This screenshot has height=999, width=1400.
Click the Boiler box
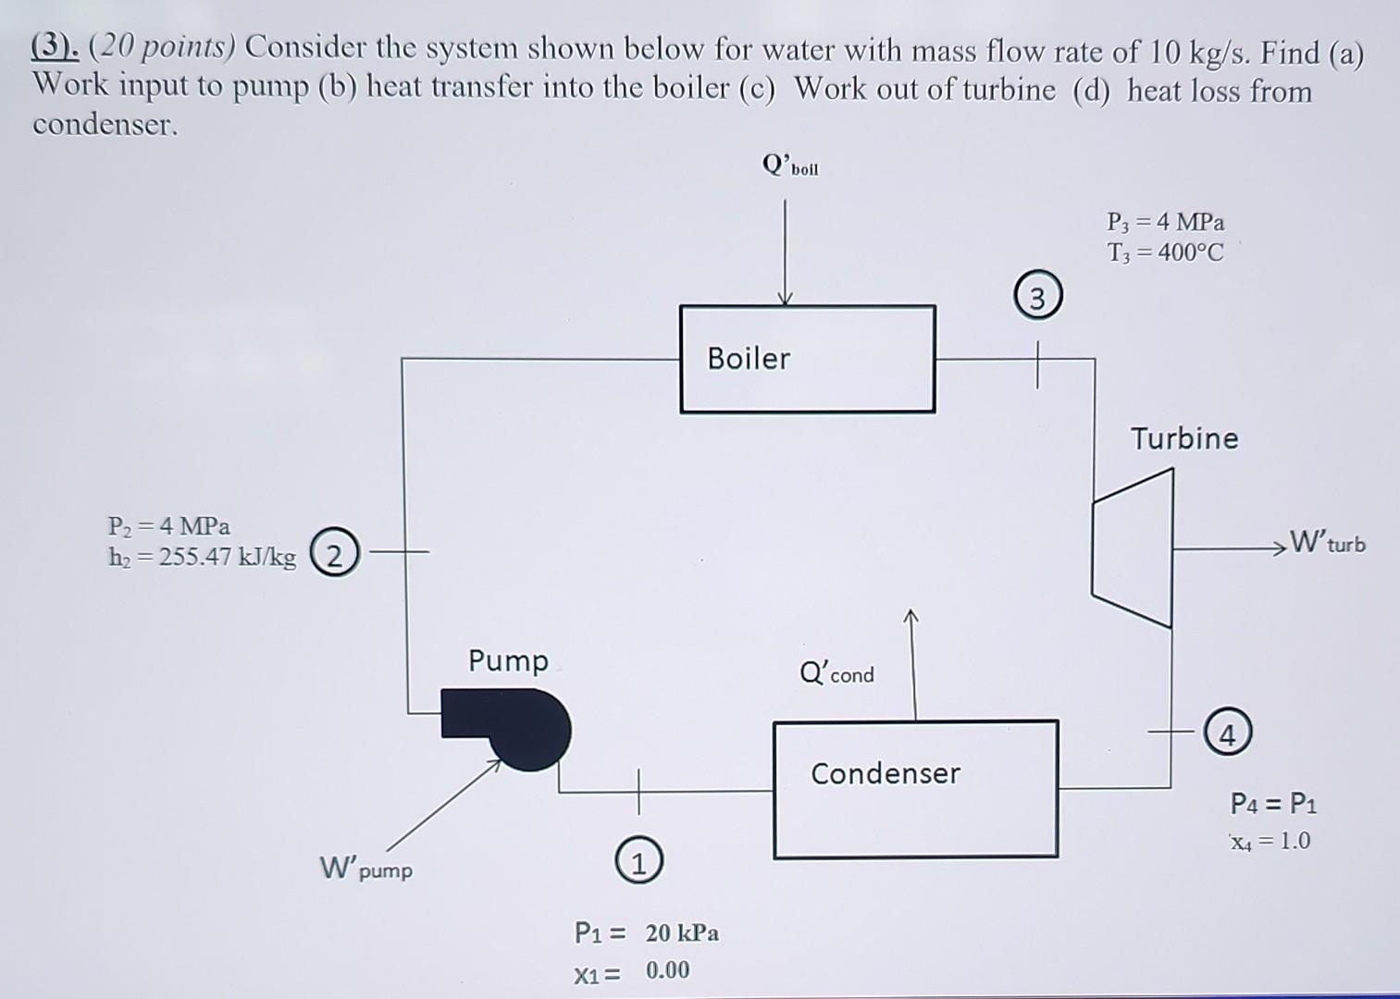point(807,359)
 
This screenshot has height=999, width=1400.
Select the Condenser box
point(915,789)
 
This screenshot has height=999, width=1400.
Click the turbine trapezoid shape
point(1133,548)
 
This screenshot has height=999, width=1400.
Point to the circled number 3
point(1037,299)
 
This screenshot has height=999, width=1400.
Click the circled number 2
point(335,554)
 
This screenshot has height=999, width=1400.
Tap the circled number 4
point(1227,735)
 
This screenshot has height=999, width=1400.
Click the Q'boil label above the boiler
point(789,166)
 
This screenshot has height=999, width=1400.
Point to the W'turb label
point(1327,541)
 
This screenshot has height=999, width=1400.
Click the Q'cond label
point(836,672)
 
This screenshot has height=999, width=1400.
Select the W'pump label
point(366,869)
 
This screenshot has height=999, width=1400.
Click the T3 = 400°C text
point(1165,253)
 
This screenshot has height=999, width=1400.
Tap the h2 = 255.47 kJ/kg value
point(203,557)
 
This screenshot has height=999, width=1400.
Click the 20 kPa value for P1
point(682,932)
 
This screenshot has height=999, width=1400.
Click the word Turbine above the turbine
point(1183,438)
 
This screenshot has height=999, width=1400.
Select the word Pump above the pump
point(508,660)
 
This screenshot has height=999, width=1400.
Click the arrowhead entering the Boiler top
point(785,298)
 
